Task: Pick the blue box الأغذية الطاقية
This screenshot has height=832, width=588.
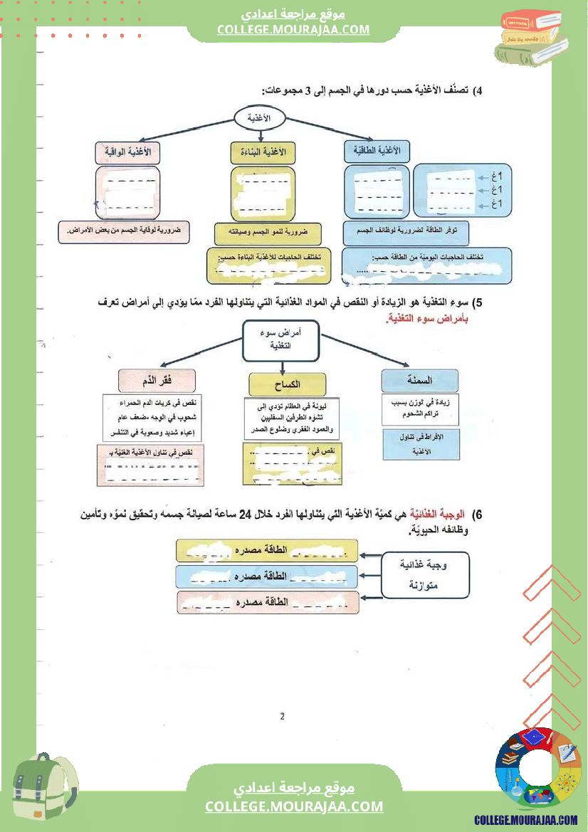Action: pos(377,150)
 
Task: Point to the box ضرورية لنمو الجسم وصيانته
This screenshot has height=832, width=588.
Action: pos(267,233)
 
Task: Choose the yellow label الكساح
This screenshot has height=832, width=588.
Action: pos(288,384)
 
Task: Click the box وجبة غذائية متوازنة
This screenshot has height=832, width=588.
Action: pos(426,574)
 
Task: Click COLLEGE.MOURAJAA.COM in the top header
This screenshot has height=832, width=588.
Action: pos(293,29)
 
